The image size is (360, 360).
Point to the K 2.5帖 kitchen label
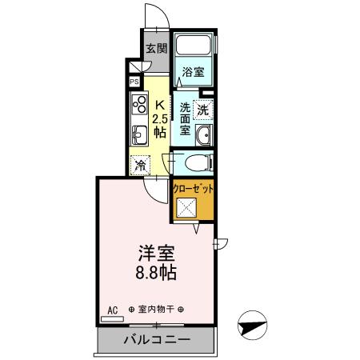tap(160, 118)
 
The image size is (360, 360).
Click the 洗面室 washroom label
tap(184, 118)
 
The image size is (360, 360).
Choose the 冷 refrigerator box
tap(140, 166)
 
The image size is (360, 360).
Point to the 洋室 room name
tap(156, 252)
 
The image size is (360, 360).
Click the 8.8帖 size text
tap(156, 272)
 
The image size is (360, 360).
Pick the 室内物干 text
tap(155, 310)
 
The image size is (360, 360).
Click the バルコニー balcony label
tap(156, 341)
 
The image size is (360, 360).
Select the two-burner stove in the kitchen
tap(138, 103)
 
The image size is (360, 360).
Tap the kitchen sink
tap(138, 134)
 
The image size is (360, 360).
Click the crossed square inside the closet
tap(187, 210)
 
